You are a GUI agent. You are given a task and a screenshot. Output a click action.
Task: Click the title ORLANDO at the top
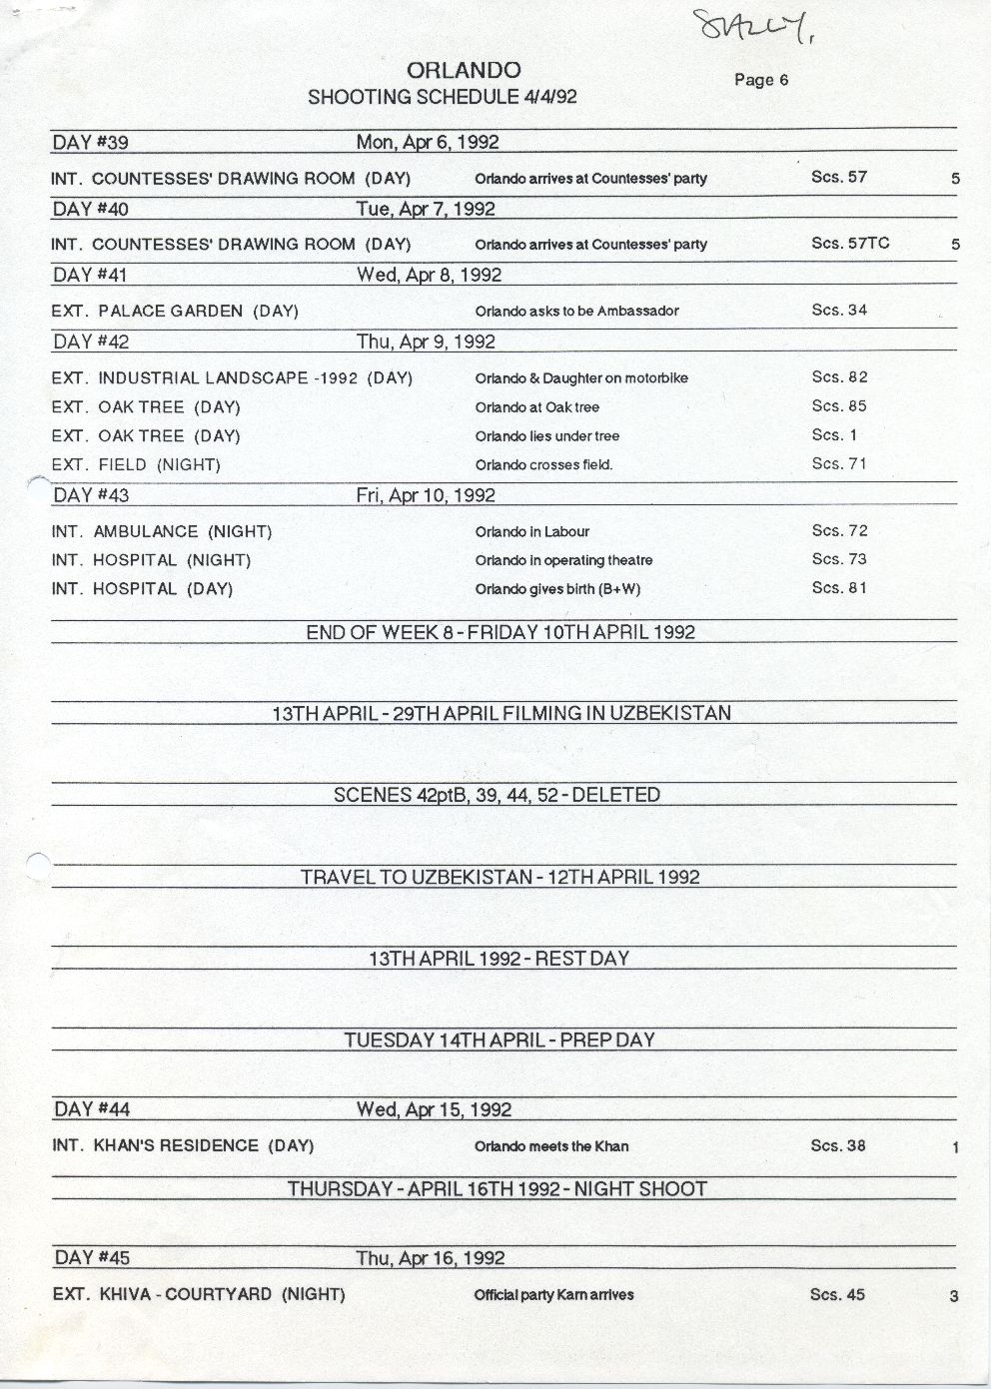coord(464,70)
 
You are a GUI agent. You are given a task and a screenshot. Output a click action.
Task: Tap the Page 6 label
coord(761,80)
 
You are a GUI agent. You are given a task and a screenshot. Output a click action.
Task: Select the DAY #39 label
coord(90,143)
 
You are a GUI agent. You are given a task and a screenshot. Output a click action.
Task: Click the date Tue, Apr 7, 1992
coord(426,209)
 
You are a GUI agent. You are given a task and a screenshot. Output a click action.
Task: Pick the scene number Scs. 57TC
coord(850,243)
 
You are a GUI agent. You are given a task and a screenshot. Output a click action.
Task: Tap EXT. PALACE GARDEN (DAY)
coord(175,311)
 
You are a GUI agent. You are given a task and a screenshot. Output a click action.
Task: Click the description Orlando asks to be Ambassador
coord(576,311)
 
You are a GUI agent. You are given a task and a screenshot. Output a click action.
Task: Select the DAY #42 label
coord(90,342)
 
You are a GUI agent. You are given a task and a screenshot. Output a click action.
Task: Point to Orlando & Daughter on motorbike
coord(581,378)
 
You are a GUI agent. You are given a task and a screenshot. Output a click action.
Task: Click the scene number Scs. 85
coord(839,406)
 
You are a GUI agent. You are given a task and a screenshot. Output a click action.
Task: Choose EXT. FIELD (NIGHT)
coord(136,464)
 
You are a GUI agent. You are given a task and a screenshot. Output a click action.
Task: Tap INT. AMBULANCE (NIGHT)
coord(162,531)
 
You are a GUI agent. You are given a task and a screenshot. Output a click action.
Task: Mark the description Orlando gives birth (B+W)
coord(557,589)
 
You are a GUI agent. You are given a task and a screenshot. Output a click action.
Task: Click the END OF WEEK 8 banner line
coord(500,632)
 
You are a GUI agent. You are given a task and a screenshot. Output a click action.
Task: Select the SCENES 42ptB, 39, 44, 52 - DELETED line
coord(496,795)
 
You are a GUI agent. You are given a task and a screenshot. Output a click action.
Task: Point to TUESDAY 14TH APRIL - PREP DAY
coord(499,1040)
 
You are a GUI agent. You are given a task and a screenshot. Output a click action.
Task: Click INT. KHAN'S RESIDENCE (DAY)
coord(183,1145)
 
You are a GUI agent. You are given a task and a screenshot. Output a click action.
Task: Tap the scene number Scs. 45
coord(837,1294)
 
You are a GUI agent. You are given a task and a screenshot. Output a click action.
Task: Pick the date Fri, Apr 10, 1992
coord(426,495)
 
